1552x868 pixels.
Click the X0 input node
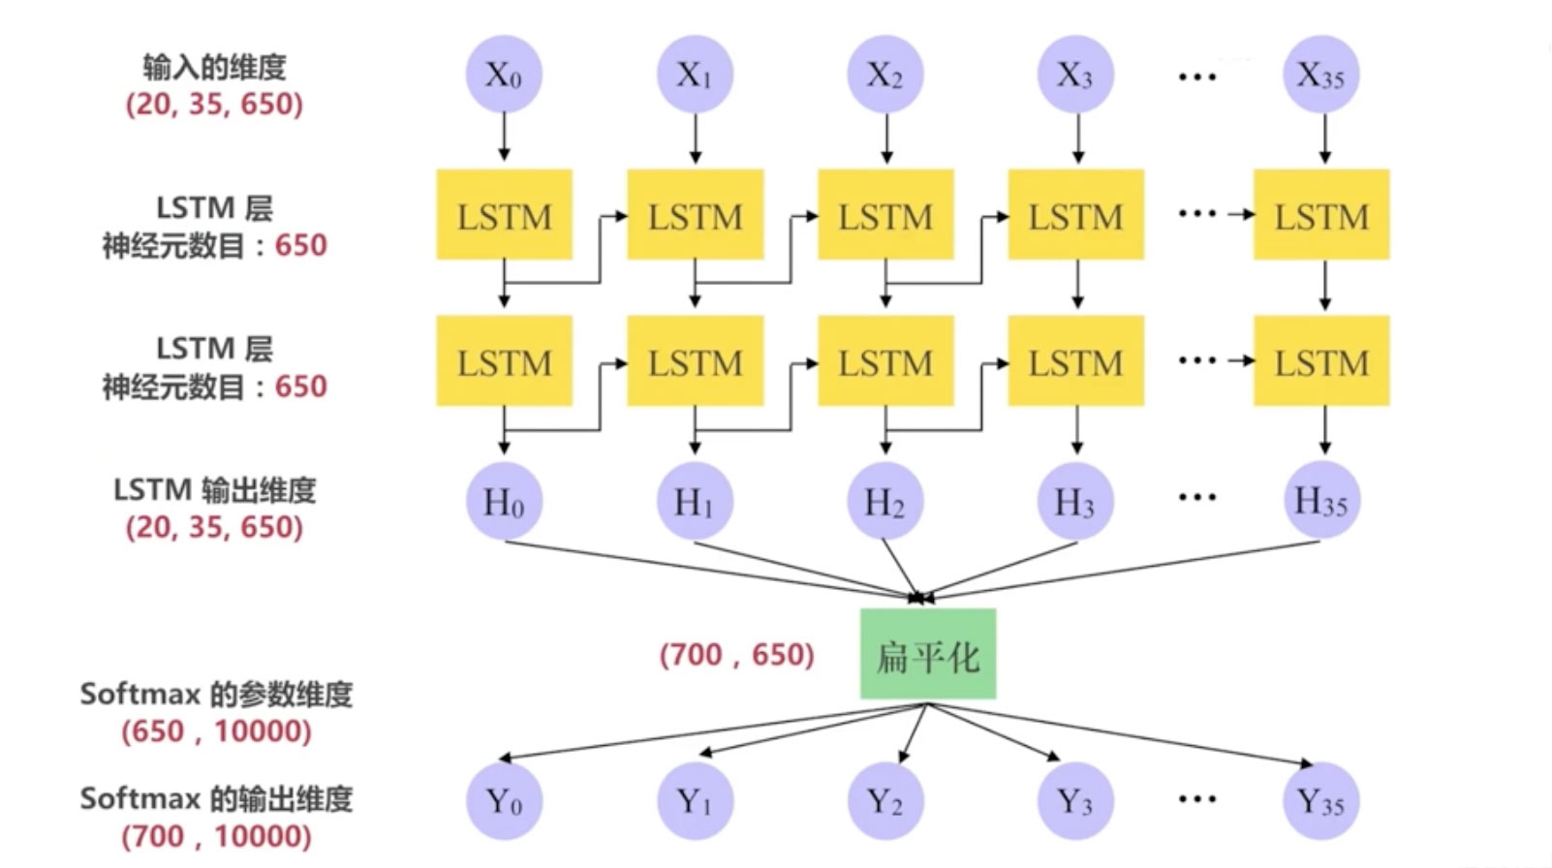(x=504, y=75)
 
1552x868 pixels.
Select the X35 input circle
(x=1321, y=75)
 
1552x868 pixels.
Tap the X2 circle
(x=885, y=75)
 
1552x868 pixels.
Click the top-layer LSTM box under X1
(x=695, y=215)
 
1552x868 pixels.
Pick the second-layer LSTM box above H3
(x=1075, y=361)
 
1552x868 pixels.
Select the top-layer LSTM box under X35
(x=1321, y=215)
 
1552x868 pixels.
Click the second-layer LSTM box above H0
(x=504, y=361)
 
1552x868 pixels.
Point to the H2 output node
(x=885, y=502)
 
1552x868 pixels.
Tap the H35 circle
(x=1321, y=501)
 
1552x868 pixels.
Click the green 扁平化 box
(x=928, y=655)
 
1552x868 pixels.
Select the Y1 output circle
(x=695, y=801)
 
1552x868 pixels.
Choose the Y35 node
(x=1321, y=801)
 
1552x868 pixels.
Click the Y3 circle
(x=1075, y=801)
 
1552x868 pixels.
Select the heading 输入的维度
(x=214, y=67)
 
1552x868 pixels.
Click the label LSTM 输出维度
(x=214, y=490)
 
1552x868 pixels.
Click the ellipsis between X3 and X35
(x=1197, y=76)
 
